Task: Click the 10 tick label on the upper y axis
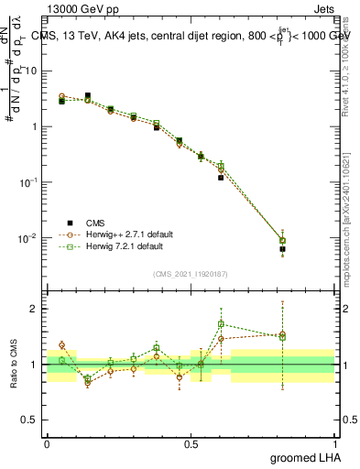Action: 34,70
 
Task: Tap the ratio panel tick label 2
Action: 36,309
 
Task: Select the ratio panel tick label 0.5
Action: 32,420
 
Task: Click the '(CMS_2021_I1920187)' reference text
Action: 190,274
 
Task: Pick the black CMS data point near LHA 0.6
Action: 221,178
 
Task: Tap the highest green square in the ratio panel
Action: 221,324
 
